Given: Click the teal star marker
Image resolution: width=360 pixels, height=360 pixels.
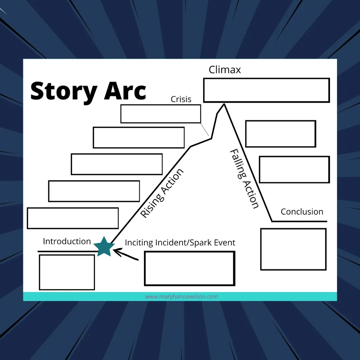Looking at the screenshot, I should tap(104, 247).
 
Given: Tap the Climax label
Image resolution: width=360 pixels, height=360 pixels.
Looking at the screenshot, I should tap(225, 70).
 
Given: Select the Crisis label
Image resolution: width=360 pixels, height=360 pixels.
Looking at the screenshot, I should tap(181, 99).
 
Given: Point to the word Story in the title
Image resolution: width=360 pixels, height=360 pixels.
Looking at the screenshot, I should tap(64, 91).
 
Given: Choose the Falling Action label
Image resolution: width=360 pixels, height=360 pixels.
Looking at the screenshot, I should tap(244, 179).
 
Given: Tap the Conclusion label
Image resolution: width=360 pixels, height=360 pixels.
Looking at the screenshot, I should tap(302, 212).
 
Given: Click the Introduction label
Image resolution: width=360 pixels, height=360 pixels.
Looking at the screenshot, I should tap(67, 241).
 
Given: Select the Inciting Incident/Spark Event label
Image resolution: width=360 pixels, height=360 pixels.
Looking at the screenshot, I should tap(180, 243).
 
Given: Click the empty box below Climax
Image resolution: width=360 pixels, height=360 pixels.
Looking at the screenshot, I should tap(266, 90).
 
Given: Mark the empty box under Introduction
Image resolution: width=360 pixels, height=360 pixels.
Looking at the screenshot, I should tap(67, 272).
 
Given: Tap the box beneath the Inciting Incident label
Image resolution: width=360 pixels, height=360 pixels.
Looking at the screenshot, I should tap(189, 268).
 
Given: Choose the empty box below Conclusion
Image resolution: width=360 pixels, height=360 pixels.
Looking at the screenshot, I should tap(293, 249).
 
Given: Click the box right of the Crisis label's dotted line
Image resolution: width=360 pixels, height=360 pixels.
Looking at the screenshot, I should tap(280, 134).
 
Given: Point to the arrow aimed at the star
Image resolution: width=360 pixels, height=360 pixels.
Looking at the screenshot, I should tap(126, 254).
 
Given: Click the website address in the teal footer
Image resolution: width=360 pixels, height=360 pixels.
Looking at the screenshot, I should tap(181, 297).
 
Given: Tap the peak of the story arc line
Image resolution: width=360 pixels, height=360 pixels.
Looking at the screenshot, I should tap(224, 104).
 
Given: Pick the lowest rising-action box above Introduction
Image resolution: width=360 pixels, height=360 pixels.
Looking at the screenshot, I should tap(73, 218).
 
